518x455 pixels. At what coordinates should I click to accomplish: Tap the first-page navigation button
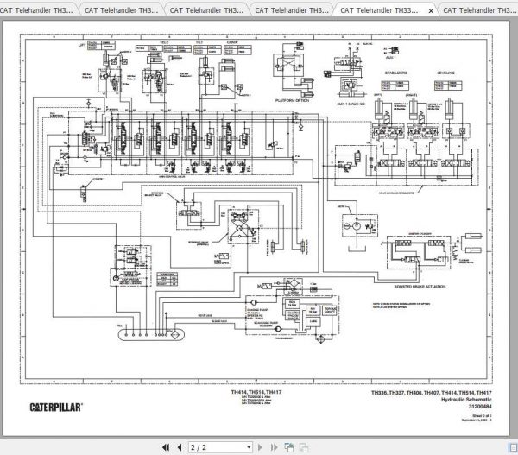[x=169, y=447]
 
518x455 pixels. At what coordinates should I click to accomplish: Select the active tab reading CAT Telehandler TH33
[x=377, y=9]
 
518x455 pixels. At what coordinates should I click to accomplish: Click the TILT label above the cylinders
[x=199, y=40]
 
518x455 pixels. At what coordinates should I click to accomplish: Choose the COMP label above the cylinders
[x=232, y=40]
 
